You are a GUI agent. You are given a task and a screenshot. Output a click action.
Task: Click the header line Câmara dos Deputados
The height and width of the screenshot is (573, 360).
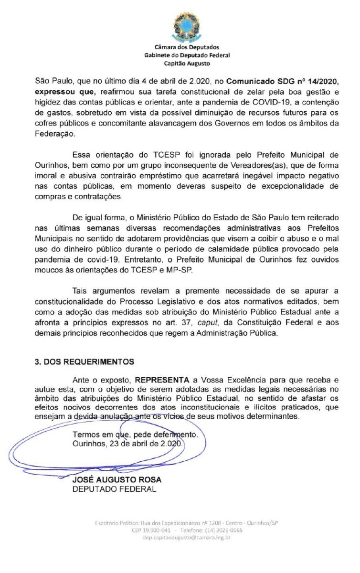pyautogui.click(x=187, y=47)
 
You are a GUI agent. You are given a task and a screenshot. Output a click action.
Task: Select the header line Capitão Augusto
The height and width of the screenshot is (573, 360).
pyautogui.click(x=187, y=63)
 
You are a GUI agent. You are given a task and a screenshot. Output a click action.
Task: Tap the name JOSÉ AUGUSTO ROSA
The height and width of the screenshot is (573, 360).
pyautogui.click(x=116, y=479)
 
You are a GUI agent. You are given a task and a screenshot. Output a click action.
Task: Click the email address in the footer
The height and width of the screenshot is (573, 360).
pyautogui.click(x=187, y=538)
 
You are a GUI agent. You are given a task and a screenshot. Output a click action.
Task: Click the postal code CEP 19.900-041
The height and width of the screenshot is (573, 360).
pyautogui.click(x=151, y=531)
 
